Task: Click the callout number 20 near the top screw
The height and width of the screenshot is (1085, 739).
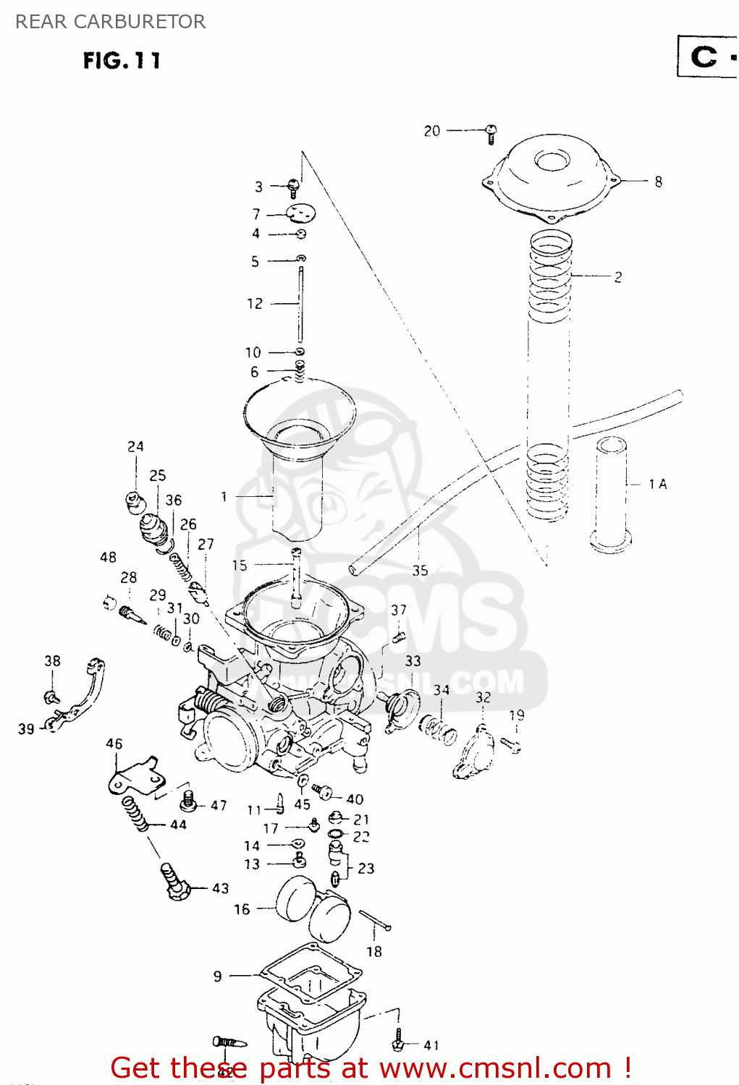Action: (x=431, y=131)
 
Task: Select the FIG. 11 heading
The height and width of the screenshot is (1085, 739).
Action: (x=122, y=61)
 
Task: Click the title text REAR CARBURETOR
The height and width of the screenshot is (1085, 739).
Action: (x=111, y=22)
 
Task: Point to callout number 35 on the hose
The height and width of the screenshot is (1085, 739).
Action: (x=420, y=570)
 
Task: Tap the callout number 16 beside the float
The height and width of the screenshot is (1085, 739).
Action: (x=242, y=909)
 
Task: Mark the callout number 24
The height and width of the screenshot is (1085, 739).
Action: (x=135, y=446)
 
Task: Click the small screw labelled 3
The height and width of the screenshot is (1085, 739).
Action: (x=293, y=187)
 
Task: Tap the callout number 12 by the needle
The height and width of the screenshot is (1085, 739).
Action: (x=255, y=304)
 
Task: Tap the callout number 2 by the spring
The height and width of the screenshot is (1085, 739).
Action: (x=617, y=277)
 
